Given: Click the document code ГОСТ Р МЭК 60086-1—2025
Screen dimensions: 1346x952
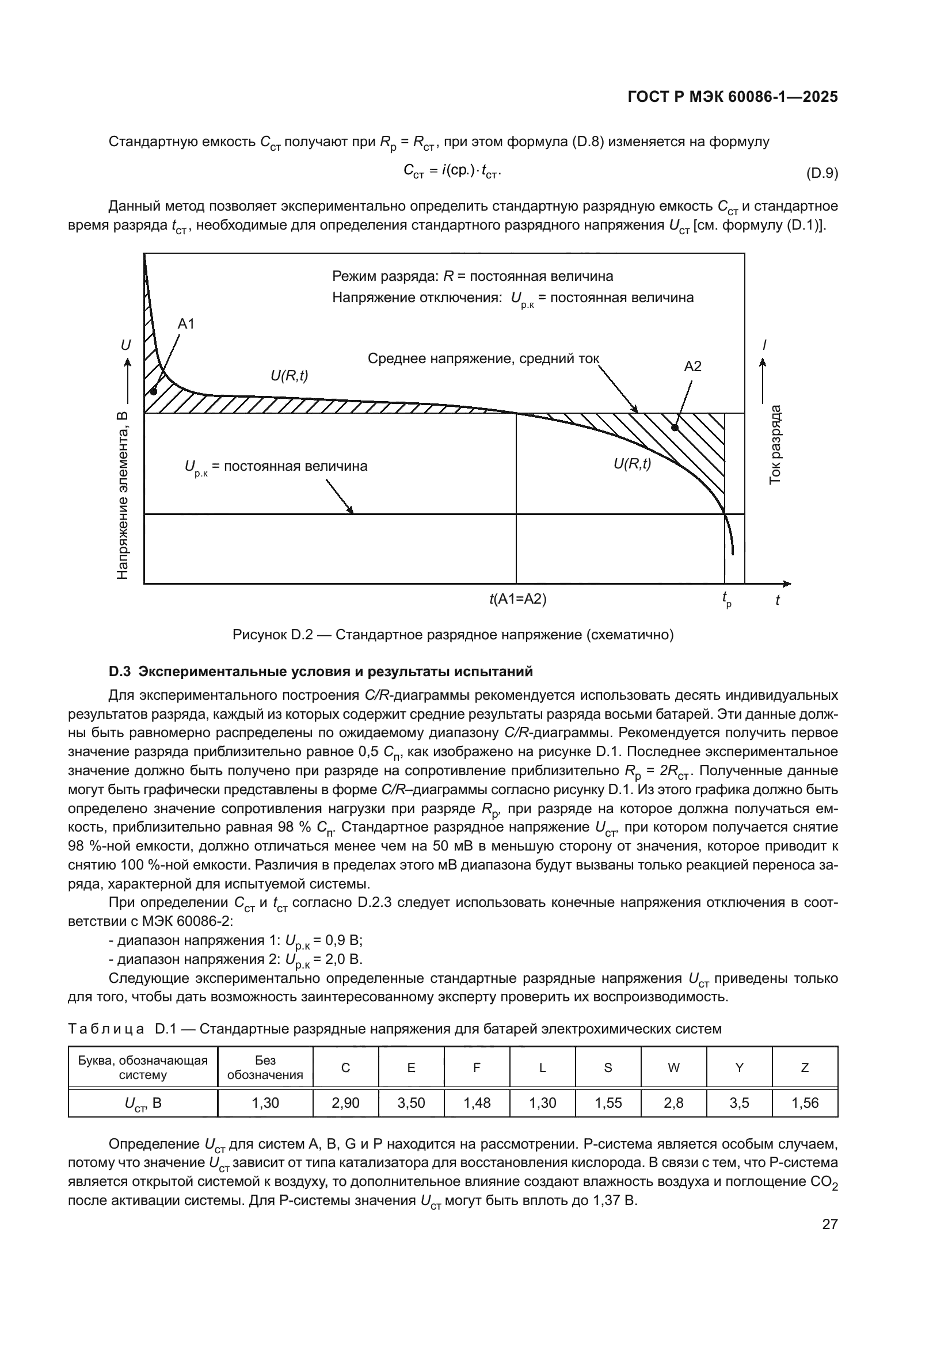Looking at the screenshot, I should coord(732,97).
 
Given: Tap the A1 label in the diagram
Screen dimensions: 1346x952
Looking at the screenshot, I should coord(186,323).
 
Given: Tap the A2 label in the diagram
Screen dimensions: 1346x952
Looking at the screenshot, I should coord(692,367).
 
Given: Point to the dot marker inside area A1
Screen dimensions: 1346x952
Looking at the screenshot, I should coord(154,391).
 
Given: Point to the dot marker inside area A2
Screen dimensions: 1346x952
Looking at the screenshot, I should coord(675,428).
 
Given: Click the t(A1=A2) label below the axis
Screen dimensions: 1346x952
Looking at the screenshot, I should coord(517,599).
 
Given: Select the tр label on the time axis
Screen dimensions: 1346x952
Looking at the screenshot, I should coord(726,600).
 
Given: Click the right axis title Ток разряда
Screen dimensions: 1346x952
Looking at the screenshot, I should coord(775,444).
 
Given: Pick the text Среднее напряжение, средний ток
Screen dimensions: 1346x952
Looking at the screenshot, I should coord(483,358).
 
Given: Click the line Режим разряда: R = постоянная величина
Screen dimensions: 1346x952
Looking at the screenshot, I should coord(473,276).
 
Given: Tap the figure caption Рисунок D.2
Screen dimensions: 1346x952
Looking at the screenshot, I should coord(452,635).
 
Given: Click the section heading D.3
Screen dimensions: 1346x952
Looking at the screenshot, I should coord(321,671).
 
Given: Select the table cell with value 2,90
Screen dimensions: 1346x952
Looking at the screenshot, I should coord(345,1103).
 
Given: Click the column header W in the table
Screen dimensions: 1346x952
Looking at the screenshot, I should coord(673,1068).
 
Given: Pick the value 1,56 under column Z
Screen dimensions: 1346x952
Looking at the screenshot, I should coord(805,1103).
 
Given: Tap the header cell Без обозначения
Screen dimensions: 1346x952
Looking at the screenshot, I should coord(265,1067).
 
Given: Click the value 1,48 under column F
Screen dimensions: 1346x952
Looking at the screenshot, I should coord(477,1103).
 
